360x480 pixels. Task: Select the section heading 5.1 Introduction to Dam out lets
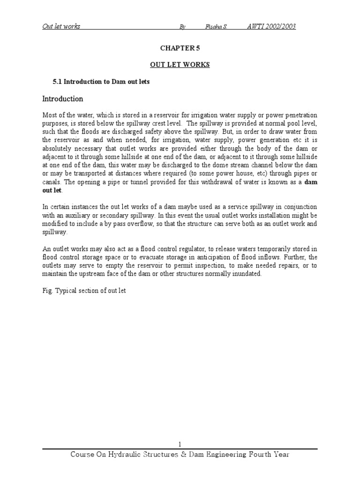(101, 82)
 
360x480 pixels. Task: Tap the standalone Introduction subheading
(63, 99)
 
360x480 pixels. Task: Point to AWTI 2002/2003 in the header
(271, 26)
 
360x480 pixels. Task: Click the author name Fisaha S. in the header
(216, 26)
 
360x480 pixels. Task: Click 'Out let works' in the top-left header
(61, 26)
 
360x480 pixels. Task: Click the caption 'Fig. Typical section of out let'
(84, 291)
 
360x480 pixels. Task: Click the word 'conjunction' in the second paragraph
(299, 207)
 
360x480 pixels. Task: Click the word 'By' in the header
(182, 27)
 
